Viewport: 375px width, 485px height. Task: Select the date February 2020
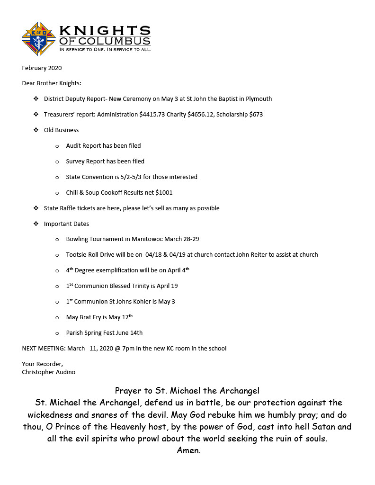42,68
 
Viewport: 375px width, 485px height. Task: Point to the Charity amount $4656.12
201,115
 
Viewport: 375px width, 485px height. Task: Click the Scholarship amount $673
256,115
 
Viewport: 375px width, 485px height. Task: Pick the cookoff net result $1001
164,193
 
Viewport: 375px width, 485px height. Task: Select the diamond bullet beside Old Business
36,130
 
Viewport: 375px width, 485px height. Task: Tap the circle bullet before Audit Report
57,146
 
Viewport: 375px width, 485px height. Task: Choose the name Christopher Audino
48,372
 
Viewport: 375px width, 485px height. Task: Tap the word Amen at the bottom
188,450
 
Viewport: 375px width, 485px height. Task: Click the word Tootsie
76,255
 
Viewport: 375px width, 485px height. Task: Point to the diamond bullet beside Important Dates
36,224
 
